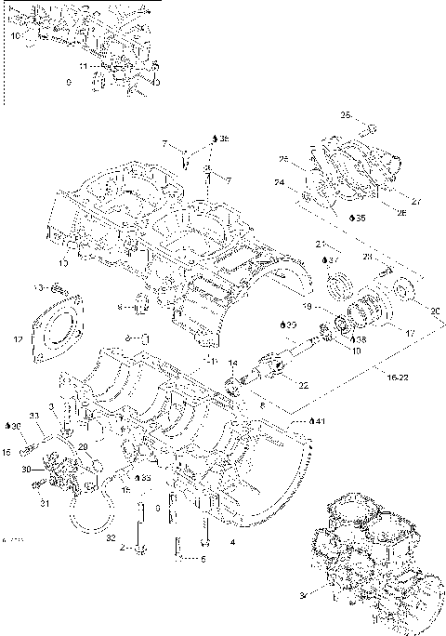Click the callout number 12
pos(18,340)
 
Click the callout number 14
pos(233,363)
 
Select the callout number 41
pos(320,422)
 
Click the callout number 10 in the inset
pos(15,34)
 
